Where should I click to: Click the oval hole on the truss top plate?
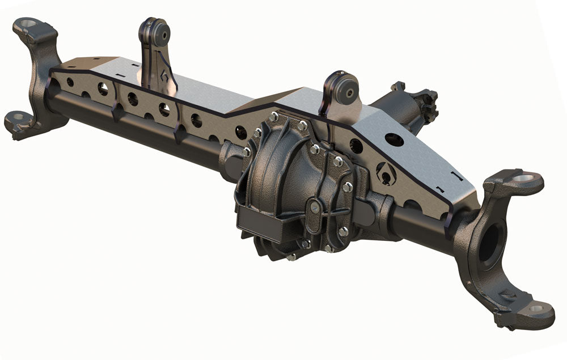tap(393, 139)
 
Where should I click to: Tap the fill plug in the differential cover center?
tap(314, 209)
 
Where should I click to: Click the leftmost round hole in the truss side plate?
tap(70, 82)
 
